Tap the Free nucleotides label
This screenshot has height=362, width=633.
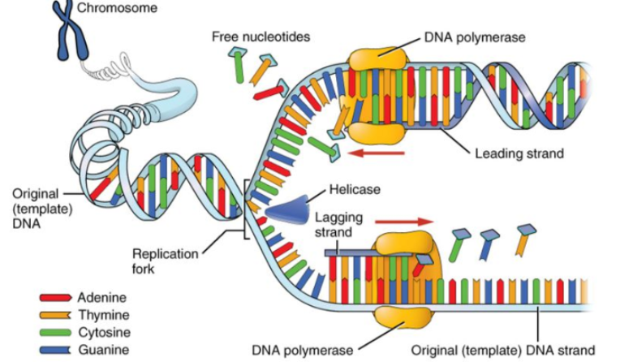click(261, 37)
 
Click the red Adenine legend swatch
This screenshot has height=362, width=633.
click(54, 297)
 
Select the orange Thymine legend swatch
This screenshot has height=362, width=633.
click(54, 315)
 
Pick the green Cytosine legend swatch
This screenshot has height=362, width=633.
click(54, 333)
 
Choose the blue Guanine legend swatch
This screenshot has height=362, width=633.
click(54, 350)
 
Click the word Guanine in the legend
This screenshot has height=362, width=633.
click(101, 350)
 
